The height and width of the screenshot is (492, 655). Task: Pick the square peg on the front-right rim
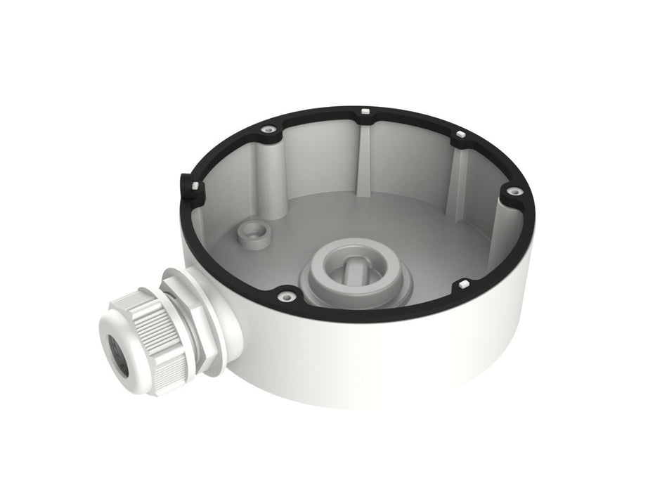(465, 282)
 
